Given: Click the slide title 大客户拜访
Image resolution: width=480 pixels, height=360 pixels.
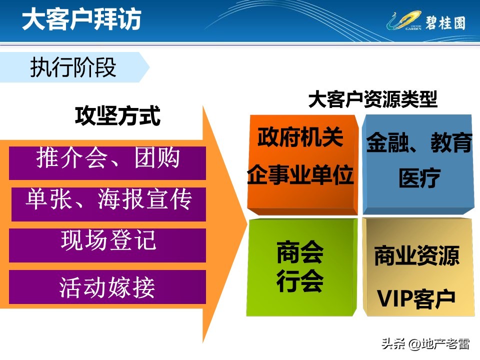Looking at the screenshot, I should tap(81, 20).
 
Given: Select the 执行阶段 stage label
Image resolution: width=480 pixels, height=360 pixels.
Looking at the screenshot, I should tap(73, 67).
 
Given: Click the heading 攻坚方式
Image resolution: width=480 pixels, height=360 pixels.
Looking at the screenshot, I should tap(117, 116).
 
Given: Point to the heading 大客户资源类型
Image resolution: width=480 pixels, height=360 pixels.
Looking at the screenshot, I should tap(372, 99).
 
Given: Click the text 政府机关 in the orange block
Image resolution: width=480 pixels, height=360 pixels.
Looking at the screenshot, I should tap(300, 137).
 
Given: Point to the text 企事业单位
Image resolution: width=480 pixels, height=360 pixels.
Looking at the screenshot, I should tap(300, 175).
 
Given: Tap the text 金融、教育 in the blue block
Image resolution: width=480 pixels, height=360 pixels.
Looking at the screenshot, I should tap(419, 143).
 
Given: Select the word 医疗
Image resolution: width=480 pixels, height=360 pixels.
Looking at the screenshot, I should tap(419, 178).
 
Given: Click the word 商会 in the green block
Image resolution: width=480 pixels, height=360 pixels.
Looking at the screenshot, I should tap(300, 253).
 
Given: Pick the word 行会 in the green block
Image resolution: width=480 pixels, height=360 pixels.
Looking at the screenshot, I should tap(300, 281).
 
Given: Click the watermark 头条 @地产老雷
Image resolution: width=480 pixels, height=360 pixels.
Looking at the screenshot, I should tap(425, 344).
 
